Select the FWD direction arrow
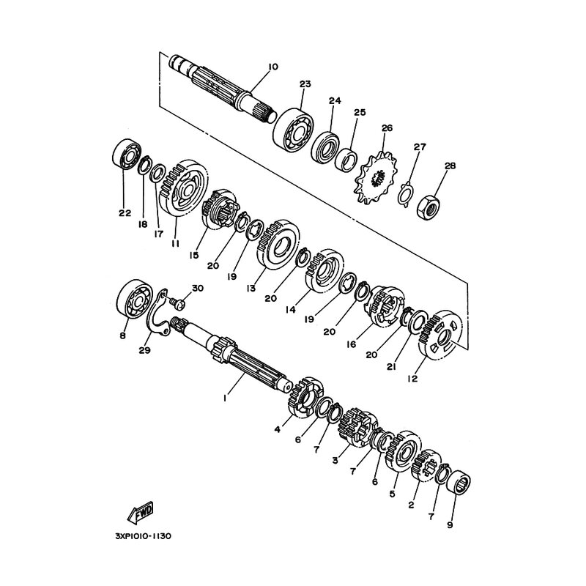(x=140, y=513)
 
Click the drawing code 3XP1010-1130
(x=143, y=536)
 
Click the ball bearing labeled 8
(x=135, y=299)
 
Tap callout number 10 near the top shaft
(x=272, y=67)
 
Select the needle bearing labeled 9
(x=459, y=483)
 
